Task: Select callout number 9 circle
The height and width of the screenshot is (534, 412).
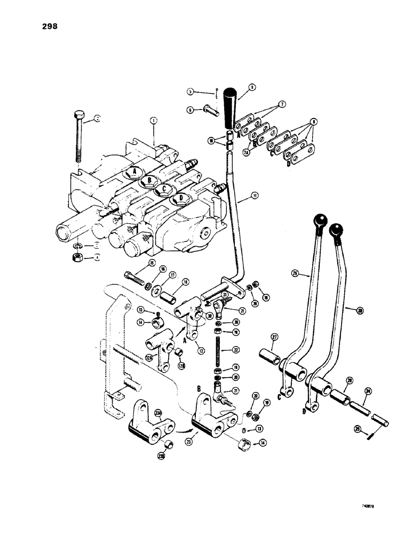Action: coord(251,86)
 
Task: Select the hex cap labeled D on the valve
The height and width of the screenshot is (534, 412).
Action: coord(181,199)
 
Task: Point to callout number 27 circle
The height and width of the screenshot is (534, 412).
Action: coord(275,337)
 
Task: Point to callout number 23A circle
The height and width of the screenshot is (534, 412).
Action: coord(158,413)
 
